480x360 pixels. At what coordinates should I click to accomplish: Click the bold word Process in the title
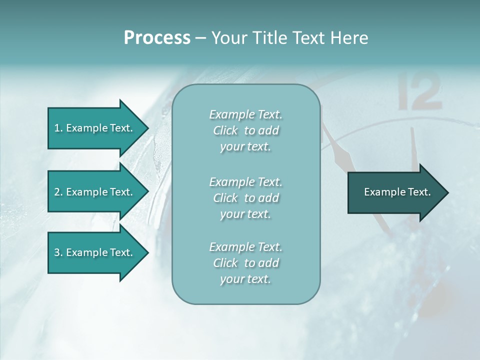point(157,38)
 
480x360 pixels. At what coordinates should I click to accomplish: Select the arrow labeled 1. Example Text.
point(95,128)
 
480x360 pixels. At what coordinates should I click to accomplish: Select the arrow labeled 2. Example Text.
point(95,192)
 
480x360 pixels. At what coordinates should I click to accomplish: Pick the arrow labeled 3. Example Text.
point(95,252)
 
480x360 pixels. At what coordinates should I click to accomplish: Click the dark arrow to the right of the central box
point(395,192)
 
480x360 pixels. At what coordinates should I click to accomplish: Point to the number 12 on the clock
point(420,91)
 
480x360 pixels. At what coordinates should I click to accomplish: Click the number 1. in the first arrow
point(58,128)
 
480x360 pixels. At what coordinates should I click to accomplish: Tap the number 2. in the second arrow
point(58,192)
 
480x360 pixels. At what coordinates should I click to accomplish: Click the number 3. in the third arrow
point(58,252)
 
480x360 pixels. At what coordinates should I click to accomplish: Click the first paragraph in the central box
point(245,130)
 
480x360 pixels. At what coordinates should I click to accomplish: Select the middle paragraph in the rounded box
point(245,197)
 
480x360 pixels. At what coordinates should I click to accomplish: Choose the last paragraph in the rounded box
point(245,263)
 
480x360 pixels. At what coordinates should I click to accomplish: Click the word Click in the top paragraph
point(225,131)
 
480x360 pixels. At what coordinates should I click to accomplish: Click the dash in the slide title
point(200,38)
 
